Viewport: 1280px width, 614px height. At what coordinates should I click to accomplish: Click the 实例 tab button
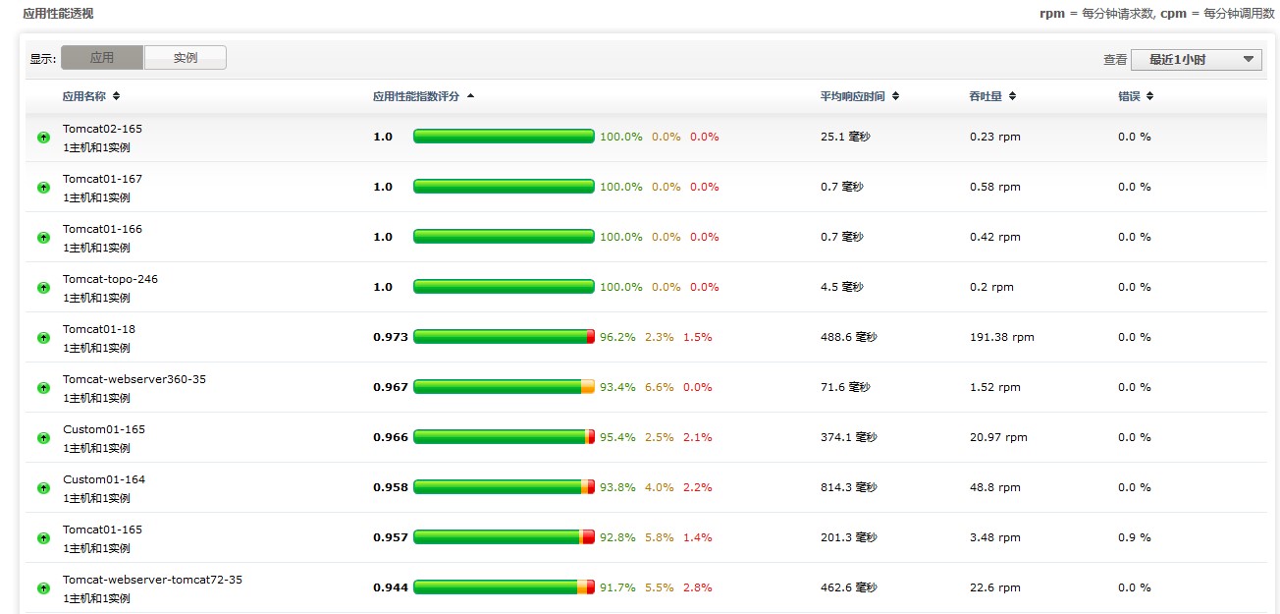(x=186, y=58)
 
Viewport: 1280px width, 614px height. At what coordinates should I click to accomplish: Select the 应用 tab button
(x=102, y=58)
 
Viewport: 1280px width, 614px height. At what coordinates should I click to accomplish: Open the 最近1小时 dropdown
(x=1196, y=60)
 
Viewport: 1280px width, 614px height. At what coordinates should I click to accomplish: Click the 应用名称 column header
(x=84, y=96)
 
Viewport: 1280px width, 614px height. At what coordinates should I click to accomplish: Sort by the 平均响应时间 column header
(x=853, y=96)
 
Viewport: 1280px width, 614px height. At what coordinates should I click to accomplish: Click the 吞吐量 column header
(x=986, y=96)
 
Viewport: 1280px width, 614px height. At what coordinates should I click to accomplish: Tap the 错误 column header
(x=1129, y=96)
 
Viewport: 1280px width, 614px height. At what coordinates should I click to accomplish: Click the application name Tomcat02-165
(x=102, y=129)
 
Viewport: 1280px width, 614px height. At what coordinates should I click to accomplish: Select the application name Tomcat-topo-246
(x=110, y=279)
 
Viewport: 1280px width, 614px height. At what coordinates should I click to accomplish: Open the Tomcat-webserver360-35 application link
(x=134, y=379)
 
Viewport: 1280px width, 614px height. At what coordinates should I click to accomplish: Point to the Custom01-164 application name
(x=104, y=479)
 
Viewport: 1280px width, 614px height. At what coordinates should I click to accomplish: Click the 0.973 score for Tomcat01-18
(x=391, y=337)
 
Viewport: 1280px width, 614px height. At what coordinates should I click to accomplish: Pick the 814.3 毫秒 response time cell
(x=848, y=487)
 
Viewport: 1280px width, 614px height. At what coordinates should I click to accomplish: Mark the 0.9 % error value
(x=1134, y=537)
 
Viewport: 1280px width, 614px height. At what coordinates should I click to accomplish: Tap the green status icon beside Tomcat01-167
(x=43, y=188)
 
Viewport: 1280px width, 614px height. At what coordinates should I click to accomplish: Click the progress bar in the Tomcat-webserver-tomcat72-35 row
(x=504, y=587)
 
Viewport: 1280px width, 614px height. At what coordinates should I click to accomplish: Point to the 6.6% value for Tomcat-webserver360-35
(x=659, y=387)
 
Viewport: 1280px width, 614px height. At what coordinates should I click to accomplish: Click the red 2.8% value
(x=698, y=587)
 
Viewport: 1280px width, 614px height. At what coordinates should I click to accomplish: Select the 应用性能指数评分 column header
(x=416, y=96)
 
